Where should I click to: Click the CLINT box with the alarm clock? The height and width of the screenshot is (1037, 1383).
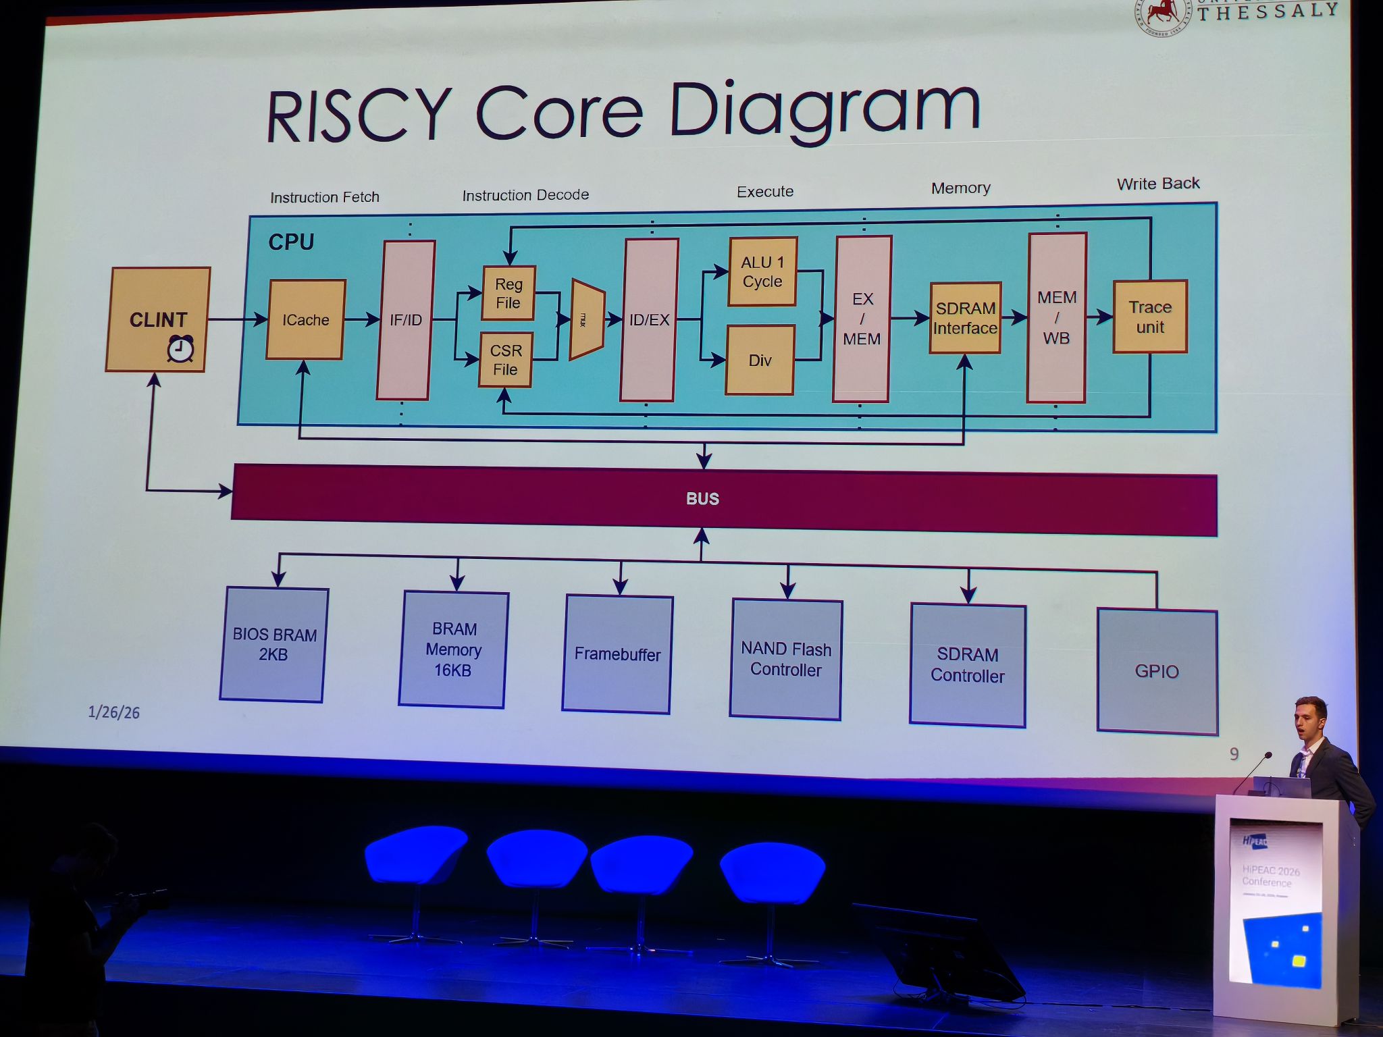coord(158,319)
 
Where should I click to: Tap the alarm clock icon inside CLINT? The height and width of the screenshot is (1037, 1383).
coord(180,348)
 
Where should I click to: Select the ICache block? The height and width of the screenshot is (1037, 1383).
coord(306,319)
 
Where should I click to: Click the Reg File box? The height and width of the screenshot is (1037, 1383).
coord(508,293)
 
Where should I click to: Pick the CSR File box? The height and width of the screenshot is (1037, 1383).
coord(506,360)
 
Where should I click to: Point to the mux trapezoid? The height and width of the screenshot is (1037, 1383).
coord(586,319)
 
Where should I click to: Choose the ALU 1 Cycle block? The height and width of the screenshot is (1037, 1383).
coord(762,271)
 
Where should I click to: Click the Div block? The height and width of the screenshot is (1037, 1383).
coord(760,360)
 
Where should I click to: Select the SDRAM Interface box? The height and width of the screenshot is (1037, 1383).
coord(965,318)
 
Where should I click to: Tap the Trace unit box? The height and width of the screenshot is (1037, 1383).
coord(1150,317)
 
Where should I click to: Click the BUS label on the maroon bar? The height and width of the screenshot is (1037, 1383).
coord(702,499)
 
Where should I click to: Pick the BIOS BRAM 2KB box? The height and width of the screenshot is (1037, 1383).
coord(273,645)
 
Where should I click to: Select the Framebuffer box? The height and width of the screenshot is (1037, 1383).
coord(617,654)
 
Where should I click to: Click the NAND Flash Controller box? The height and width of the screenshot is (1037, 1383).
coord(786,659)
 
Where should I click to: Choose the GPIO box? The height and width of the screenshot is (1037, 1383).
coord(1157,671)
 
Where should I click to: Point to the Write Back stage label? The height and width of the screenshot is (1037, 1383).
coord(1158,184)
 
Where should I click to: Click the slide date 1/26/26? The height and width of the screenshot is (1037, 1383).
coord(113,712)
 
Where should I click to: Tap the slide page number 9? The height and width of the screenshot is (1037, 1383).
coord(1234,754)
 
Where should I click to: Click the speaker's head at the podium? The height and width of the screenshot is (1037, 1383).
coord(1310,718)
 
